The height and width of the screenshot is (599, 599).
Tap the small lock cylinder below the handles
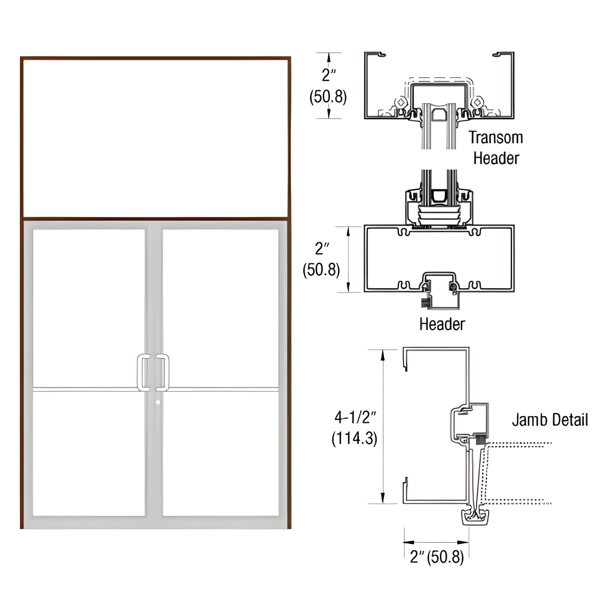point(158,402)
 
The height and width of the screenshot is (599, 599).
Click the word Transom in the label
point(496,137)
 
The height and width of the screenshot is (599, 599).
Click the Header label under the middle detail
point(442,324)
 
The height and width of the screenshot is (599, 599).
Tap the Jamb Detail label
point(550,420)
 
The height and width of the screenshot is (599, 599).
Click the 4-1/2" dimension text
point(355,418)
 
